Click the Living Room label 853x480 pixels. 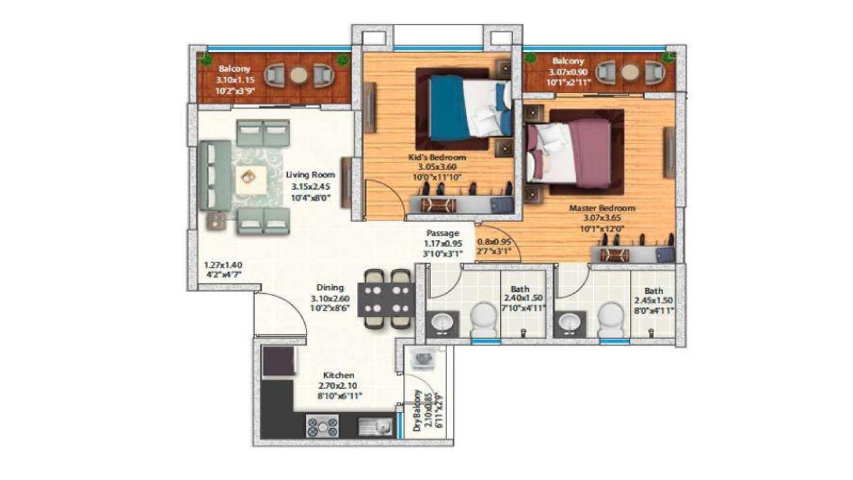pos(310,175)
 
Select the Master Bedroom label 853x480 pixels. pos(601,208)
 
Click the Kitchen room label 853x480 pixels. pos(339,376)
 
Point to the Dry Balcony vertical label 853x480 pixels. pos(417,410)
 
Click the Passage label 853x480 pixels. pos(443,233)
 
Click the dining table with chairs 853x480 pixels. pos(386,298)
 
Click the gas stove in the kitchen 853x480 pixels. pos(322,427)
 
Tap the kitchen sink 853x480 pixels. pos(375,427)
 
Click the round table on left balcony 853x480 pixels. pos(299,76)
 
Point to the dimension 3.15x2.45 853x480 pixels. pos(310,187)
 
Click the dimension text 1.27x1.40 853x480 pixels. pos(222,264)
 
